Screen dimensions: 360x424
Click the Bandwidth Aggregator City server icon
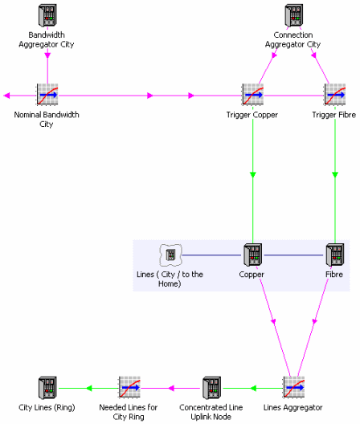click(x=47, y=15)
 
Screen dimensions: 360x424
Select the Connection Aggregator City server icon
click(x=293, y=15)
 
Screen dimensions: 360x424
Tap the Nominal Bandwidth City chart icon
click(x=47, y=95)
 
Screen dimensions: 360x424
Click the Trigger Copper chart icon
click(x=253, y=95)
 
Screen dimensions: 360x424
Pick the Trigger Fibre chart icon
click(x=335, y=95)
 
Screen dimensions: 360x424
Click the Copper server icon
click(x=252, y=255)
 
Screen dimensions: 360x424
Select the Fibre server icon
click(x=335, y=255)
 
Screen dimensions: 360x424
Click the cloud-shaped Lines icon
click(x=170, y=255)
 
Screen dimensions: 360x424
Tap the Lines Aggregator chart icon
click(x=294, y=387)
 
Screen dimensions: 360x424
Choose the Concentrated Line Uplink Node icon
click(x=211, y=388)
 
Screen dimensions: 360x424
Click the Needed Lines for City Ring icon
click(x=129, y=387)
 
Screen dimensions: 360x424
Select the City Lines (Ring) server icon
click(x=47, y=388)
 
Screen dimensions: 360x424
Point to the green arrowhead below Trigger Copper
click(x=253, y=175)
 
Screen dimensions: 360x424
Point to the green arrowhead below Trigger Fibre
click(x=335, y=175)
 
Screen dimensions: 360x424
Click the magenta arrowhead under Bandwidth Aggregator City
click(x=47, y=55)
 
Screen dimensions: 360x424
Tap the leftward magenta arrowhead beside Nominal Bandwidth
click(x=6, y=96)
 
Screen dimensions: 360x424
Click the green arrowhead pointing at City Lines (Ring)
click(x=89, y=389)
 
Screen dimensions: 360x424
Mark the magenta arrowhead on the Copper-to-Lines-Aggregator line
click(x=273, y=321)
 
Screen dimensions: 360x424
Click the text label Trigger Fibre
click(x=333, y=115)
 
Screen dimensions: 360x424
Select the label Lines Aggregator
click(x=292, y=407)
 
